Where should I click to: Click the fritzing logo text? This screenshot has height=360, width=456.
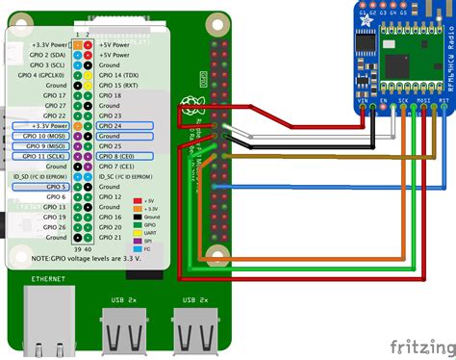[418, 345]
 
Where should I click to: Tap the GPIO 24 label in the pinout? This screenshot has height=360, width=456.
[114, 125]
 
